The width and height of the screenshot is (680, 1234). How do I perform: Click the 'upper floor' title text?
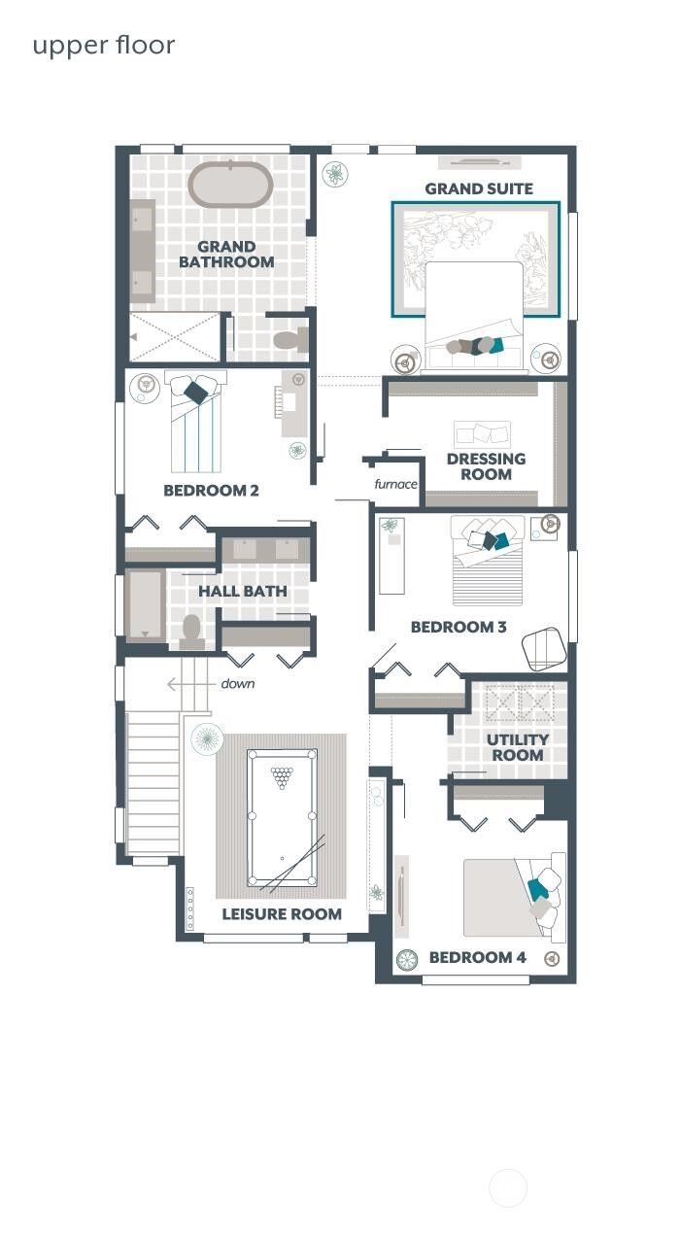point(104,46)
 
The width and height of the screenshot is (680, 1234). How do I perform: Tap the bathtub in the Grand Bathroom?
point(229,185)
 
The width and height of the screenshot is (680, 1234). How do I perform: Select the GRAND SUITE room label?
point(479,189)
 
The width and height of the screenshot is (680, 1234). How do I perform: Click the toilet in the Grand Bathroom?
point(288,339)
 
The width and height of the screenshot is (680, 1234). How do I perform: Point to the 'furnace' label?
point(395,484)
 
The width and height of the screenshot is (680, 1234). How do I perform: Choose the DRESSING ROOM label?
point(486,466)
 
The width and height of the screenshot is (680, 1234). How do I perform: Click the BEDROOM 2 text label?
point(211,491)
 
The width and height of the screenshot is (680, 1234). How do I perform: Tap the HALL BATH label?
point(243,591)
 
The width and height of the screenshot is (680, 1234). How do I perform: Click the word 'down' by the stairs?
point(237,684)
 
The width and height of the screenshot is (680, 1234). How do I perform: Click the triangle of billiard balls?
point(282,776)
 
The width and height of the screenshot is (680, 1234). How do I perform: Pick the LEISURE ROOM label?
point(282,913)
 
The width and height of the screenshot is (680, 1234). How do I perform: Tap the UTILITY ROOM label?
point(517,747)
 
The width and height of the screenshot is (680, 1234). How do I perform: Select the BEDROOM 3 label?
point(459,628)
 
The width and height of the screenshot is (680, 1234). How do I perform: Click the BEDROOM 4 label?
point(477,958)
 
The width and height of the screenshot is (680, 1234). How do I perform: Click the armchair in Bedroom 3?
point(543,647)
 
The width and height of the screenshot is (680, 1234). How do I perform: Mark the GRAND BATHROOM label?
point(226,255)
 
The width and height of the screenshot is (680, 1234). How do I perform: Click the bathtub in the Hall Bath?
point(146,604)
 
